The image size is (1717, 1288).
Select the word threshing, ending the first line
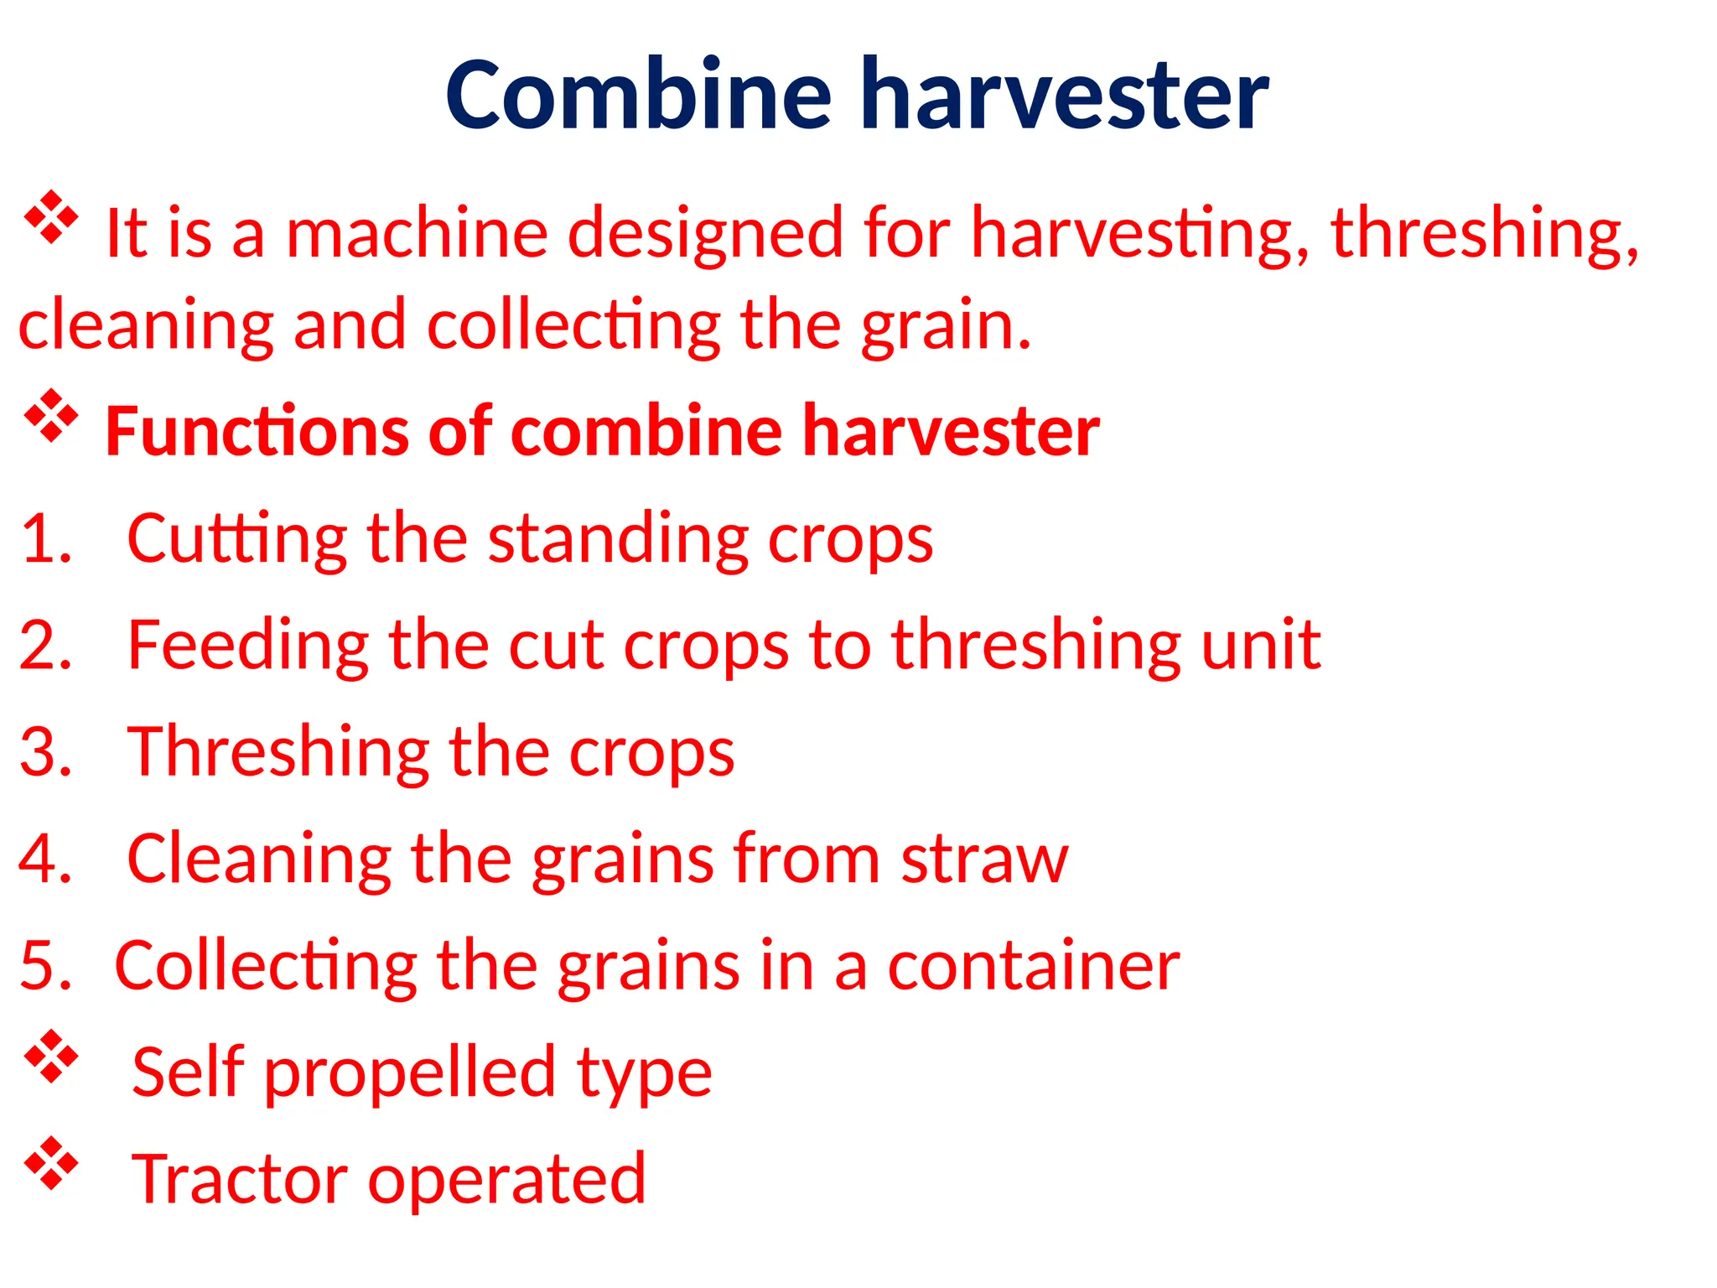click(x=1484, y=233)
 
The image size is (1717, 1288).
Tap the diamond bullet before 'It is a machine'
click(x=50, y=217)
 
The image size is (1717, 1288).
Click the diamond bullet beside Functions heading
click(x=50, y=415)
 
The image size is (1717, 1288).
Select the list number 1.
click(x=45, y=538)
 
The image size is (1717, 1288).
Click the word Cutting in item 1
click(x=236, y=538)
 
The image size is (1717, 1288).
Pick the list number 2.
click(x=45, y=645)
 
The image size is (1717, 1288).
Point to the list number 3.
click(x=45, y=751)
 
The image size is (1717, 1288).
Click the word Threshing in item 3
click(x=278, y=751)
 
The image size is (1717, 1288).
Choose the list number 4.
click(x=45, y=858)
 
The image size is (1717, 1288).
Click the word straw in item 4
click(x=984, y=860)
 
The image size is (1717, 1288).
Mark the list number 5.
click(x=45, y=965)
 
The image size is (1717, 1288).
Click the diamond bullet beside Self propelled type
click(x=50, y=1057)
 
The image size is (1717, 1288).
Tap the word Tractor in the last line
click(x=239, y=1179)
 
